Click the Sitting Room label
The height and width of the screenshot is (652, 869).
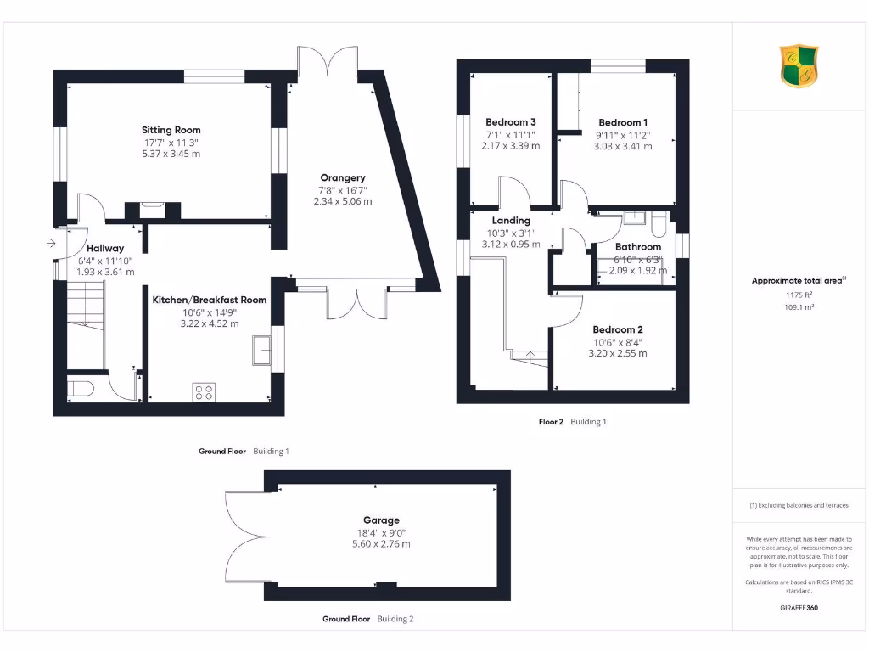coord(171,130)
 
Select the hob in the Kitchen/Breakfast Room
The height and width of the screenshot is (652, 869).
coord(205,391)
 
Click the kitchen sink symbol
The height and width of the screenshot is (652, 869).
coord(261,350)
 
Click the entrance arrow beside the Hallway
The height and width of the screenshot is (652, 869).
coord(51,244)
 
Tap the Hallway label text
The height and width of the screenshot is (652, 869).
coord(105,248)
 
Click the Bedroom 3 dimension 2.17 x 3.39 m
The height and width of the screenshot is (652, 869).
coord(510,146)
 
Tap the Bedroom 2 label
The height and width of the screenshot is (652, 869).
coord(617,329)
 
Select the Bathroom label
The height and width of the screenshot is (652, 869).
coord(638,247)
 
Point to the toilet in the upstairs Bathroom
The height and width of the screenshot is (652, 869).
coord(659,224)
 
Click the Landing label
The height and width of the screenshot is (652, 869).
coord(510,221)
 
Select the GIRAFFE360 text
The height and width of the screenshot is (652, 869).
coord(799,608)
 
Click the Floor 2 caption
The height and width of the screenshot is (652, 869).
coord(551,421)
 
